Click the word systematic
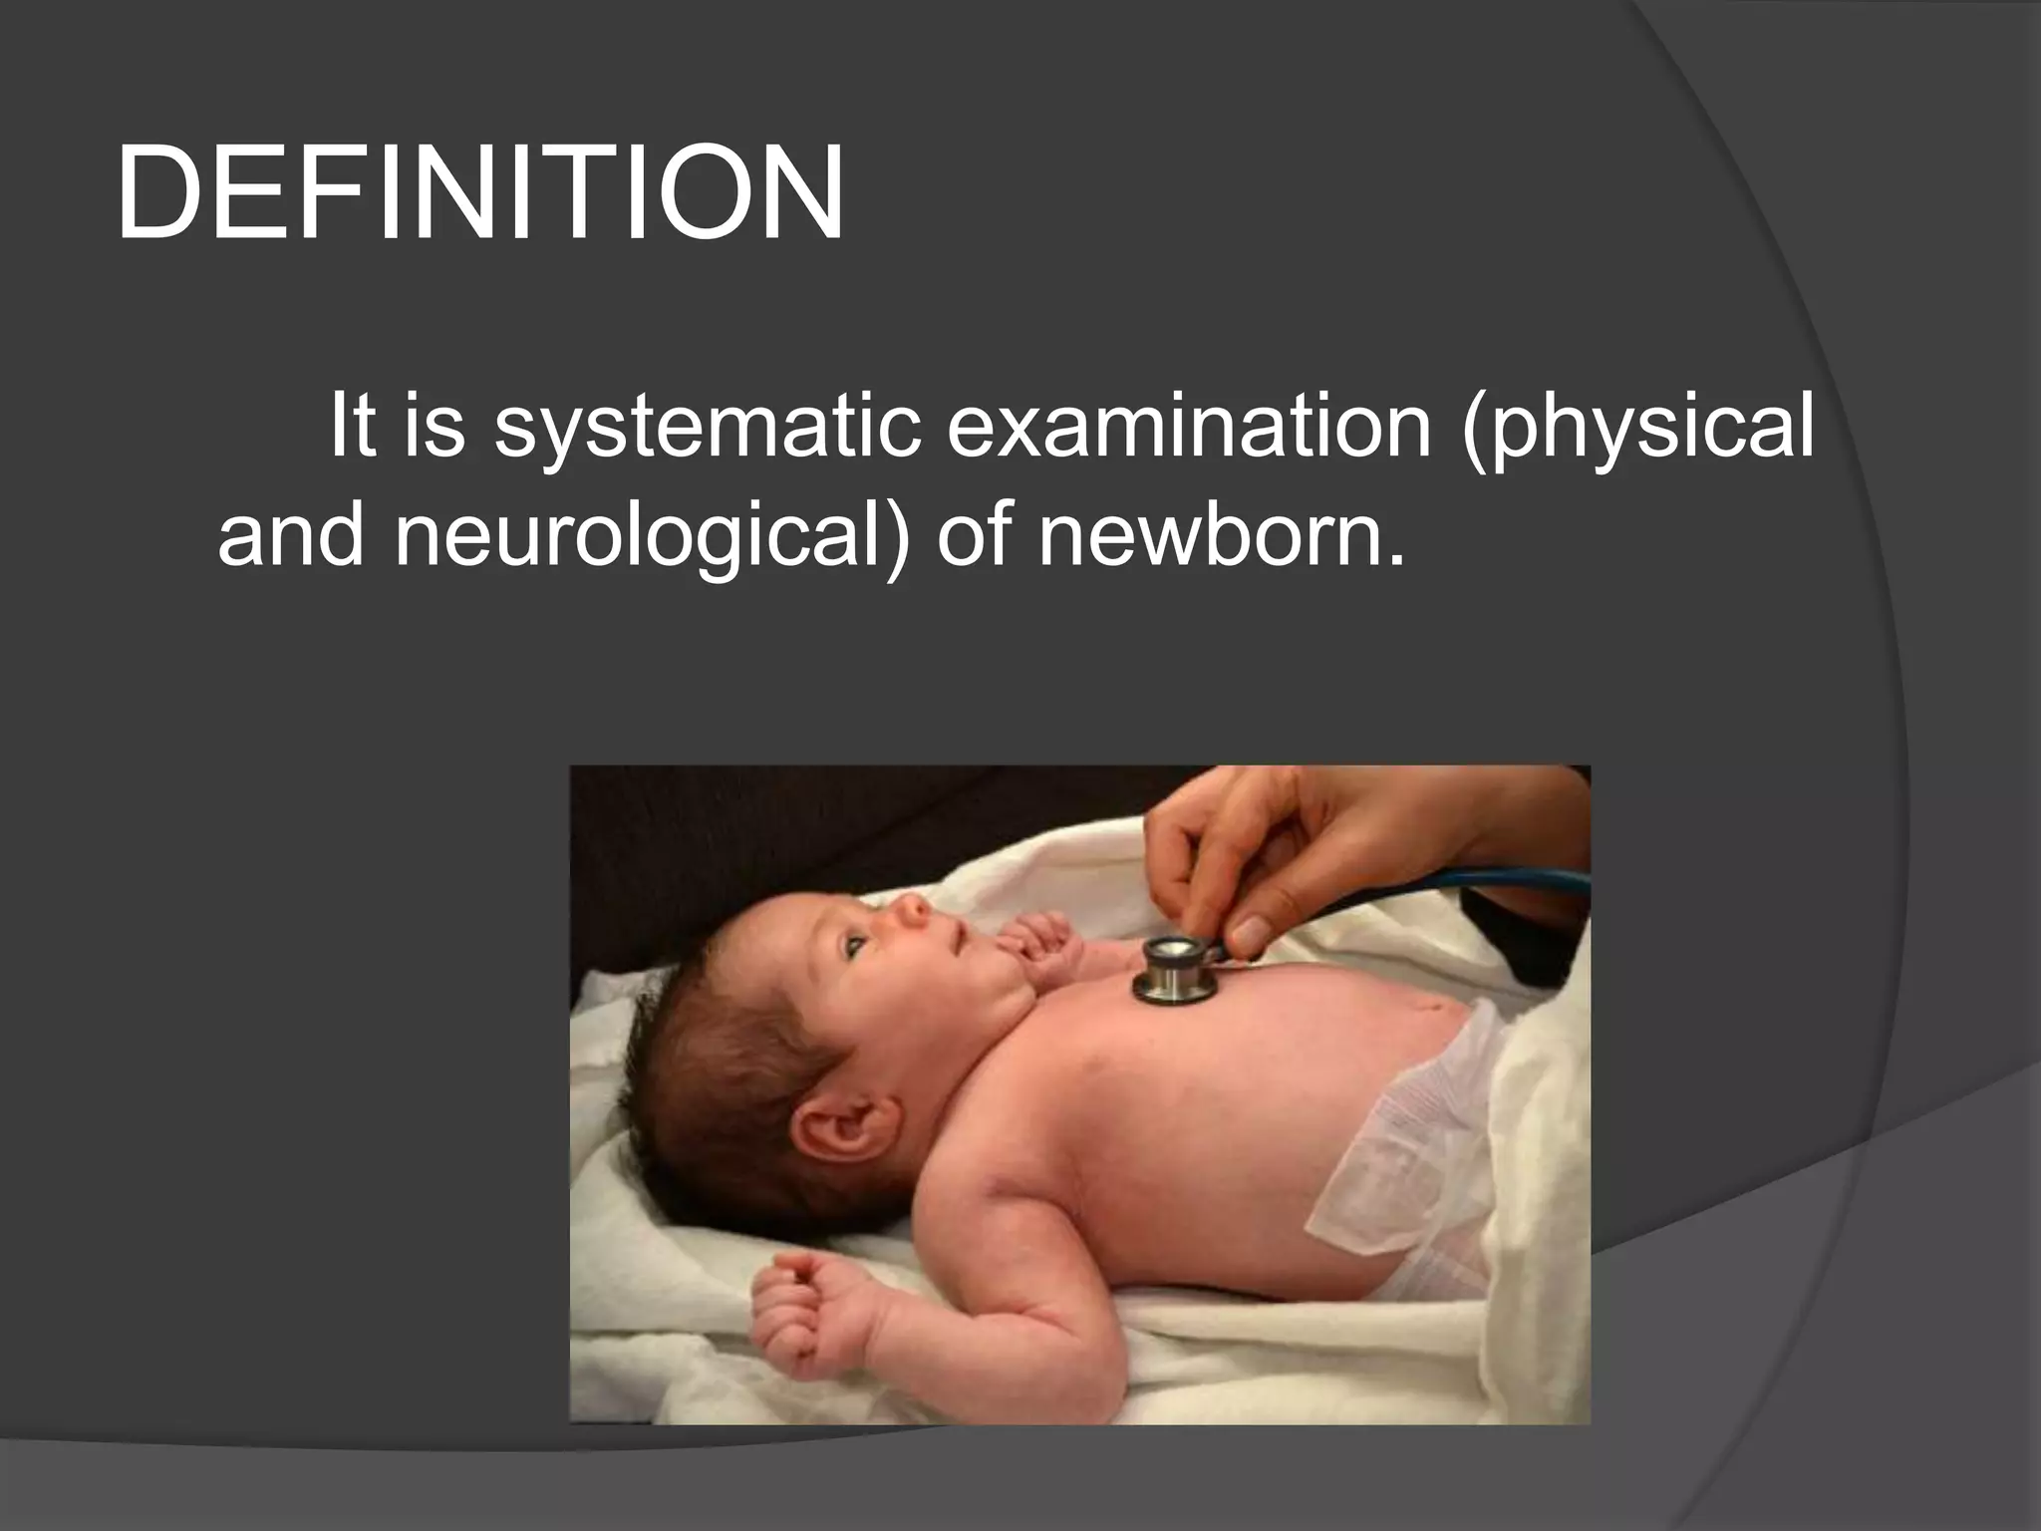709,428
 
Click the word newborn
1220,536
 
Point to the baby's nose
913,908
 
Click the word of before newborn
973,536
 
